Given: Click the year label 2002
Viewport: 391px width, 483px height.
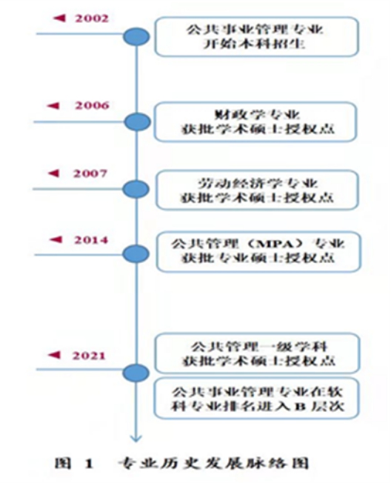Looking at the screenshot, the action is tap(92, 19).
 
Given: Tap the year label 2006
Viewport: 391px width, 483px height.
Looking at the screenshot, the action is tap(92, 106).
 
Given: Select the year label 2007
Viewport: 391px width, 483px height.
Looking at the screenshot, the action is tap(90, 174).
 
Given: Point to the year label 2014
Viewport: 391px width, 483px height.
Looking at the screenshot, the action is tap(91, 240).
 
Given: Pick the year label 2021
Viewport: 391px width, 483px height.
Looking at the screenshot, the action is tap(89, 356).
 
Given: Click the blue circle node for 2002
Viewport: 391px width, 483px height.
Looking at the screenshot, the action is tap(136, 36).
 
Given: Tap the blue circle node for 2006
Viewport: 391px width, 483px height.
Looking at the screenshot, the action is tap(138, 122).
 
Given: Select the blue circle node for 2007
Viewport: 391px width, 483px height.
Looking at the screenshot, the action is tap(136, 189).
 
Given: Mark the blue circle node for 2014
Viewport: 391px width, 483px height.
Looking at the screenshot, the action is tap(136, 254).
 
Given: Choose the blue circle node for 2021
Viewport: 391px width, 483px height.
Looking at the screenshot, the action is tap(136, 373).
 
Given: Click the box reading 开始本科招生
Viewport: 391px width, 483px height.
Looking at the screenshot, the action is tap(257, 37).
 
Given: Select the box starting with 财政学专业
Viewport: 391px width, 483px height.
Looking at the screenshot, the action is tap(255, 122).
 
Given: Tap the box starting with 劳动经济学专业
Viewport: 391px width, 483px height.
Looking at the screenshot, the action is tap(258, 190).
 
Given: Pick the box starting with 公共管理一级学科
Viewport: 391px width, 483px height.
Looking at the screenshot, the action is tap(258, 353).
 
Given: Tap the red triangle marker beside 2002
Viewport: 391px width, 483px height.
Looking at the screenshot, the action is tap(59, 19).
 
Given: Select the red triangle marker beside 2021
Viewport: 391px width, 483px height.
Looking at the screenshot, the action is tap(55, 355).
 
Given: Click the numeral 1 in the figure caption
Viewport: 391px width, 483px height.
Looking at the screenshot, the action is tap(89, 464).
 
